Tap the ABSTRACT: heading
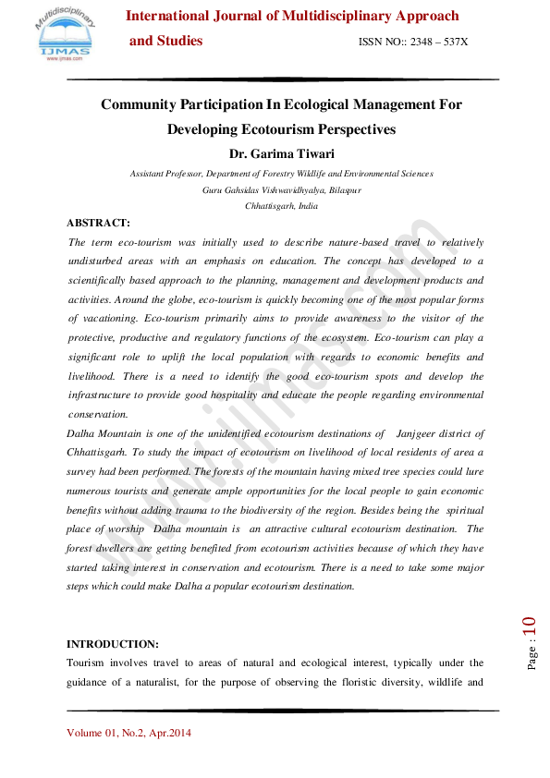pos(99,223)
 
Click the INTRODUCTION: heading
pos(113,643)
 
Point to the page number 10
pos(530,632)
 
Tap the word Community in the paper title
pos(145,104)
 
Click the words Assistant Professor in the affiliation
pos(165,174)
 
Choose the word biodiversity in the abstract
pos(312,510)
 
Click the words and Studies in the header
pos(165,42)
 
